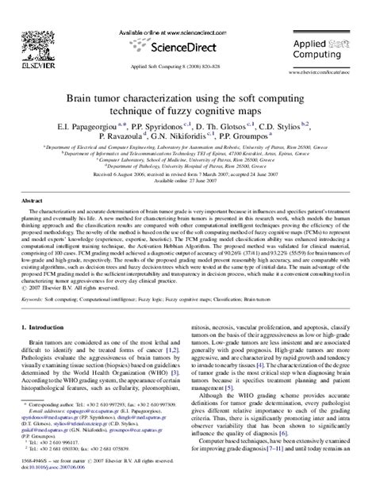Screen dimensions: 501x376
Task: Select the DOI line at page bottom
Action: coord(48,490)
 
